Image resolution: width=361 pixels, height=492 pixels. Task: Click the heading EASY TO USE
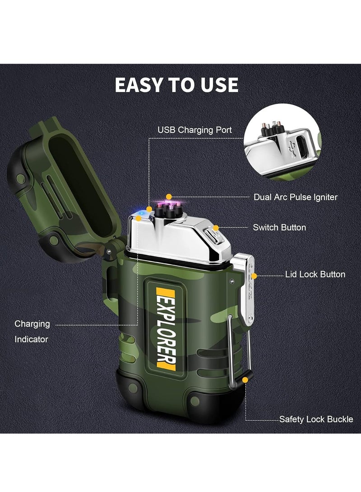(x=176, y=85)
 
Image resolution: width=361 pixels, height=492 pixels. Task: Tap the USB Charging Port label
(x=194, y=130)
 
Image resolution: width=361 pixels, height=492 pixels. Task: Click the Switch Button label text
(x=279, y=227)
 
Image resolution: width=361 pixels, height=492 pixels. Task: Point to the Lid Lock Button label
(x=315, y=274)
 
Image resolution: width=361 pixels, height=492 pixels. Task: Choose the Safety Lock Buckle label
(x=316, y=419)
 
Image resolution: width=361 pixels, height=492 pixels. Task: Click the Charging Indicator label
(x=32, y=331)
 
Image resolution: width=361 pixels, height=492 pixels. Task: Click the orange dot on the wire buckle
(x=245, y=380)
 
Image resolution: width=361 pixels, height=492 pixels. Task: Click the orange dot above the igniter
(x=168, y=197)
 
